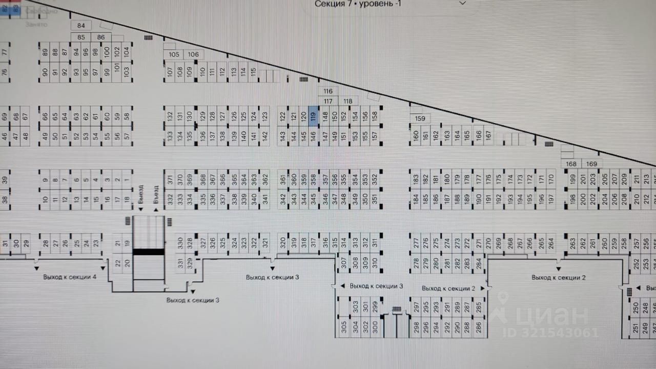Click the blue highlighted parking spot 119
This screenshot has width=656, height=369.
(313, 116)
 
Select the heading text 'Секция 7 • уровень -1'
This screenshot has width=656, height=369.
(358, 4)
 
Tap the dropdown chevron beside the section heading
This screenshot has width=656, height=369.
(462, 3)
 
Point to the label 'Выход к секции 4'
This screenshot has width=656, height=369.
(70, 277)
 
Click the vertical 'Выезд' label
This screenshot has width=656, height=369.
(141, 195)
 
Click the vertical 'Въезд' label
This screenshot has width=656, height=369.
(156, 195)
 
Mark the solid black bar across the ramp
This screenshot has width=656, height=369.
(149, 252)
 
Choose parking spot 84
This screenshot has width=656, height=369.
(81, 26)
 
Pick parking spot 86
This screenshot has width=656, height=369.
(101, 37)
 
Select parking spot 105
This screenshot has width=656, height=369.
(174, 54)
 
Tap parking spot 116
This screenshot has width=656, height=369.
(328, 91)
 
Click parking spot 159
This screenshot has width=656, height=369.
(420, 118)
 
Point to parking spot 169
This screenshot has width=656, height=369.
(591, 164)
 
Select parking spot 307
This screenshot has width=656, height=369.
(343, 262)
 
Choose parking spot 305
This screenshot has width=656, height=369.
(343, 326)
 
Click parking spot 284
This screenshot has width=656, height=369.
(479, 263)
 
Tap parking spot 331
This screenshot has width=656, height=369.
(180, 263)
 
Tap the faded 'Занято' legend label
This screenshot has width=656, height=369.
(36, 24)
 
